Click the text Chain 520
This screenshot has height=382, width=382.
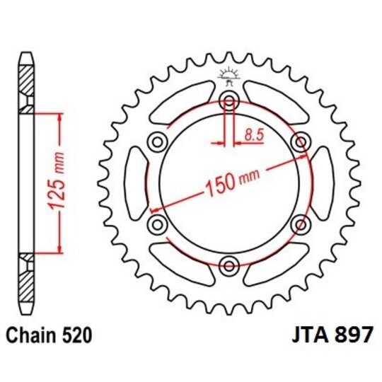click(x=50, y=333)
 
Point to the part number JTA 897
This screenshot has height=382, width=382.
click(x=330, y=333)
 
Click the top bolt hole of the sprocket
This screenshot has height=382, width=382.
click(x=228, y=99)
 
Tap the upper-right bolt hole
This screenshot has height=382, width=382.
click(x=301, y=141)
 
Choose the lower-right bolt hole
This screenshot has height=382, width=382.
click(x=301, y=224)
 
